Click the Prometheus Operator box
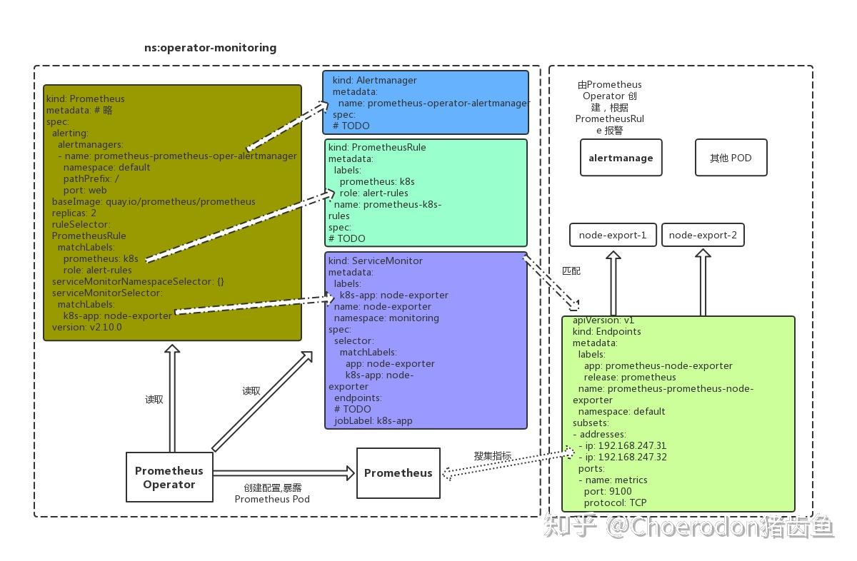(x=169, y=477)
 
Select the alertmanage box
(x=621, y=158)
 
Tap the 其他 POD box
(x=731, y=158)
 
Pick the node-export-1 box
(x=613, y=235)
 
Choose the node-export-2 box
(x=703, y=235)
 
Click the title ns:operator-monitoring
(x=210, y=48)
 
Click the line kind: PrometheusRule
(x=377, y=147)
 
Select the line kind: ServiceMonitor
(x=376, y=261)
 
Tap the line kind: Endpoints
(x=606, y=331)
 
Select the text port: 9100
(x=608, y=491)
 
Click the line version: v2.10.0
(x=86, y=327)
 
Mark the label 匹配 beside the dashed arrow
(x=571, y=271)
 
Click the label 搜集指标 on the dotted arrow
(x=492, y=455)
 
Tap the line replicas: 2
(x=74, y=213)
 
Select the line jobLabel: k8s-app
(x=373, y=420)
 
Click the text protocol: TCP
(x=615, y=502)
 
